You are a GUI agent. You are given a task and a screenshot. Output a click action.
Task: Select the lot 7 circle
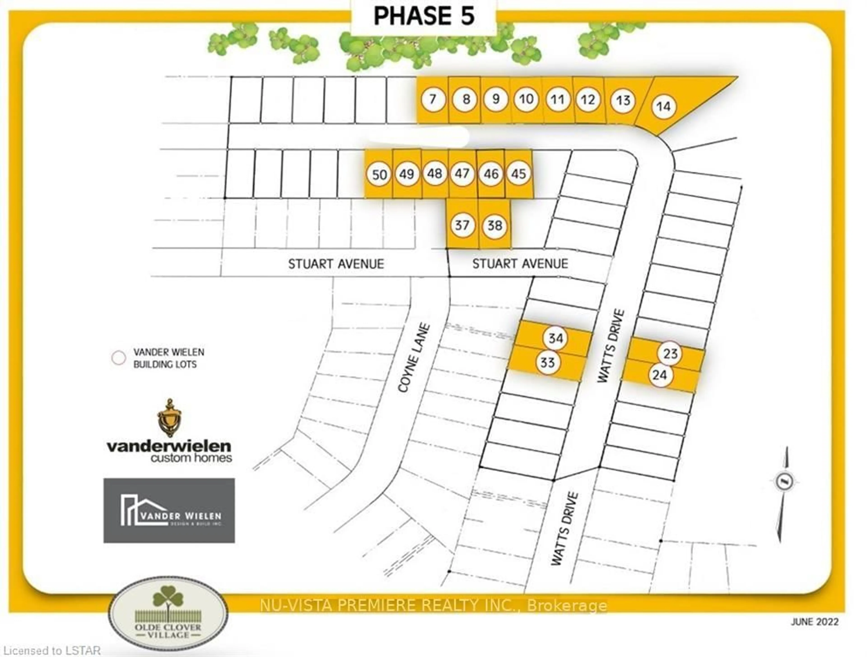433,99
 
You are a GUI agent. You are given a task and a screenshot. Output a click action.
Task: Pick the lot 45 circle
519,173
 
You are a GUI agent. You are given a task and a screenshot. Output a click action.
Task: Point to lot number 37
462,225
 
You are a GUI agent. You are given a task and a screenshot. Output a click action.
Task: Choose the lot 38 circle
495,225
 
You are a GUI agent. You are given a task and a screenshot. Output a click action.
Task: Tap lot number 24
660,375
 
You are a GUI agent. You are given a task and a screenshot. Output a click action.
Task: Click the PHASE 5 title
424,16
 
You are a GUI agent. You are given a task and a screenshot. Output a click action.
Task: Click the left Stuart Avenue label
336,264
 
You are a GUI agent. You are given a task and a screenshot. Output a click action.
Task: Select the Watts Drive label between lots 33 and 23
611,346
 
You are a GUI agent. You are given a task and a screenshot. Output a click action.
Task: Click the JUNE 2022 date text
814,622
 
